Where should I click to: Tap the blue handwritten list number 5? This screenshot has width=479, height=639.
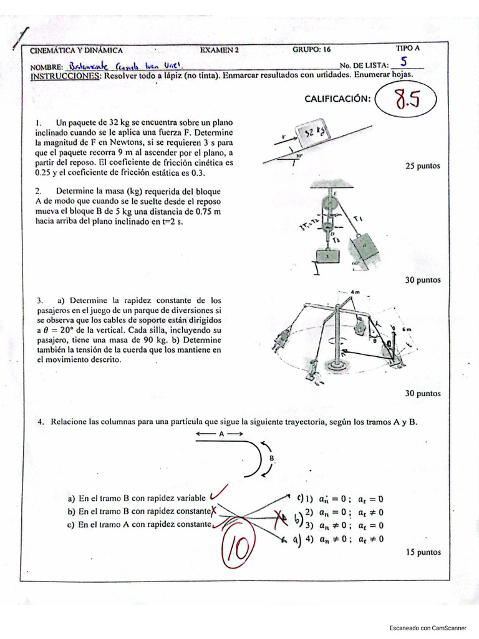pyautogui.click(x=404, y=62)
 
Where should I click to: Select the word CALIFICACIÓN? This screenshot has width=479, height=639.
pyautogui.click(x=337, y=99)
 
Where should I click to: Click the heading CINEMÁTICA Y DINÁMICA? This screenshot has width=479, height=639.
pyautogui.click(x=77, y=51)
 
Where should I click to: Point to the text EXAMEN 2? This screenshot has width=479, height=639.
pyautogui.click(x=220, y=50)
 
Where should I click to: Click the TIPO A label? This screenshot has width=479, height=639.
pyautogui.click(x=408, y=47)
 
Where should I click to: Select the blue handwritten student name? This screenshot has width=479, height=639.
pyautogui.click(x=122, y=65)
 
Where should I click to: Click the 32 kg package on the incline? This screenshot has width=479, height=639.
pyautogui.click(x=314, y=133)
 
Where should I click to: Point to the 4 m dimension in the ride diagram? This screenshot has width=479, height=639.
pyautogui.click(x=356, y=292)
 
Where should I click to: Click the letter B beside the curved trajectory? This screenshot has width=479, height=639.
pyautogui.click(x=271, y=457)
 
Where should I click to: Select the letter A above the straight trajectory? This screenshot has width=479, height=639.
pyautogui.click(x=221, y=432)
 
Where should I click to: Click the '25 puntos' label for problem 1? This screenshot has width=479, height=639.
pyautogui.click(x=422, y=166)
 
